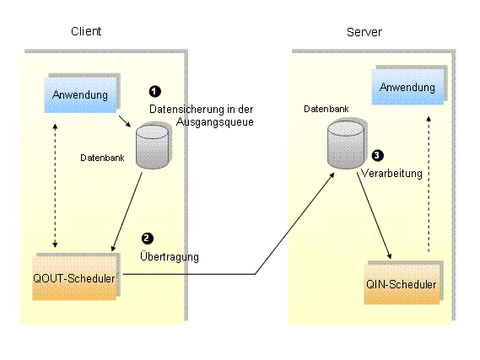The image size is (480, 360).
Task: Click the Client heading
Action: point(86,31)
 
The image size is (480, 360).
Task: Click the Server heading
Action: point(364,32)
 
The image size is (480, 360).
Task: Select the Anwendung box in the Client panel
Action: point(80,94)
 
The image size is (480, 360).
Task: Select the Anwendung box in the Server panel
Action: point(407,87)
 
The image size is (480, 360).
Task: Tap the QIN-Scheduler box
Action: point(402,284)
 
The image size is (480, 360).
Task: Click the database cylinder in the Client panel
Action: point(153,147)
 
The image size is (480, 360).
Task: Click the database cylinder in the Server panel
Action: point(346,145)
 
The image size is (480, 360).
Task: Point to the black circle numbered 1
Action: point(155,91)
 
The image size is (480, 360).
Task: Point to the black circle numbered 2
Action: point(148,239)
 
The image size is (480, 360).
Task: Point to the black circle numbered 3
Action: point(377,155)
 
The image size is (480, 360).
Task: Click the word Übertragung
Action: point(170,256)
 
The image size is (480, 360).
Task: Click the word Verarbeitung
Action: point(391,173)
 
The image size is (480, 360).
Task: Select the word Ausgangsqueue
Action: point(215,121)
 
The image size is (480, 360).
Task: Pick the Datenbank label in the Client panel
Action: point(102,158)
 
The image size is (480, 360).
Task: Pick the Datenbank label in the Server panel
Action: point(326,109)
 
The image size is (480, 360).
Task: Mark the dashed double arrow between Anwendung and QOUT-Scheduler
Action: point(55,185)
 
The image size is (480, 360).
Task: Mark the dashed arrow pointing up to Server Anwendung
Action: point(429,184)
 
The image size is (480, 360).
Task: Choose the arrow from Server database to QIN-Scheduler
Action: point(374,216)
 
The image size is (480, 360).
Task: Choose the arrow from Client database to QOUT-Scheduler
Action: point(127,212)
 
